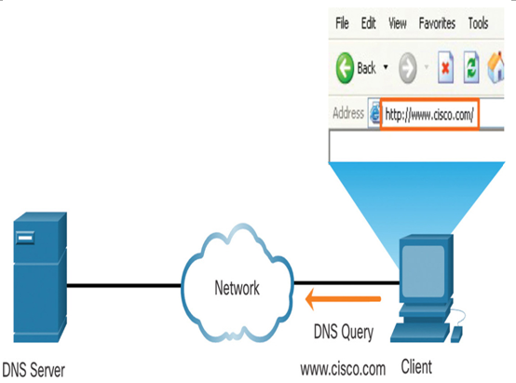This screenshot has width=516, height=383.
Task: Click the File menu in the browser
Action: (342, 23)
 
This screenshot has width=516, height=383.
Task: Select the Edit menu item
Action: (368, 23)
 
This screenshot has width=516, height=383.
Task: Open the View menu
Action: (397, 23)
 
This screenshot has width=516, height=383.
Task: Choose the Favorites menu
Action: (437, 23)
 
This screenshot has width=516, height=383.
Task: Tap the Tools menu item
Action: (478, 23)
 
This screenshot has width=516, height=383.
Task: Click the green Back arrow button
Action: (345, 68)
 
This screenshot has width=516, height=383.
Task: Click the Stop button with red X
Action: (445, 67)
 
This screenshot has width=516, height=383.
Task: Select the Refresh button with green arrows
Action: (471, 67)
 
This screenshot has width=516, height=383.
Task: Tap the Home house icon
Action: (496, 67)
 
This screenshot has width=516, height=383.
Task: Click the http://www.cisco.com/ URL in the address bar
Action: (429, 115)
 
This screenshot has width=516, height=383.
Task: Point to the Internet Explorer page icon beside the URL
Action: (374, 115)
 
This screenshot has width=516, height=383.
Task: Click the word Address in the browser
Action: (348, 113)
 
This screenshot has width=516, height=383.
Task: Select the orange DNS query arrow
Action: (344, 299)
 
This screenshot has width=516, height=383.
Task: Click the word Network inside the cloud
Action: (237, 288)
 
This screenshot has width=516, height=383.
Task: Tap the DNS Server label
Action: (34, 370)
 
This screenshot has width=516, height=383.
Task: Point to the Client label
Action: (416, 367)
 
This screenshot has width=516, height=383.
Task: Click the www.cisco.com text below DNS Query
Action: (343, 369)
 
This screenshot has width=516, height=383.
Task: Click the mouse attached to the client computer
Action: (456, 334)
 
